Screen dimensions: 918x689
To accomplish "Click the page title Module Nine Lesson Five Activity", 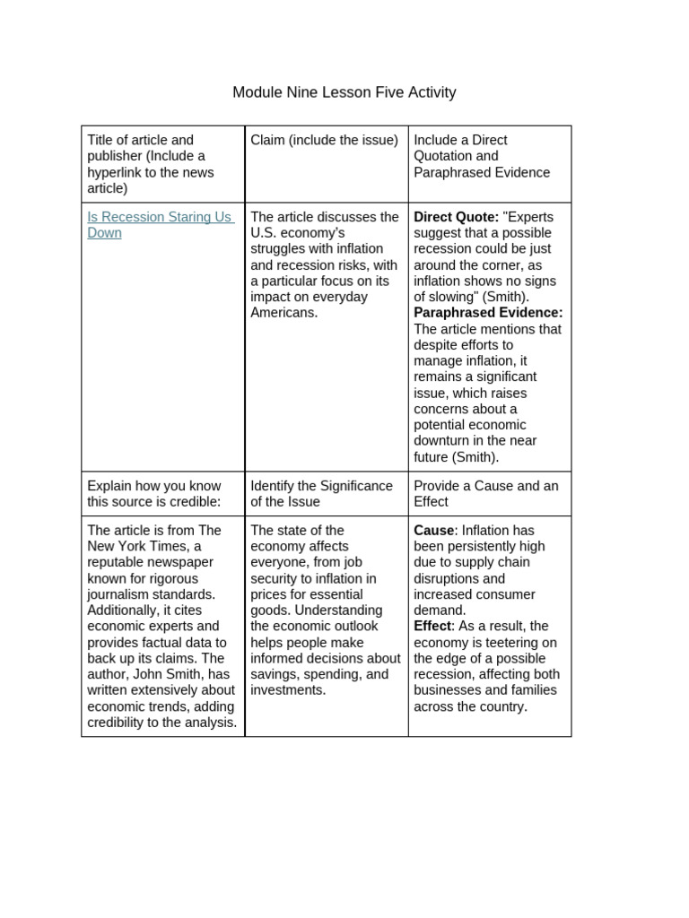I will [344, 92].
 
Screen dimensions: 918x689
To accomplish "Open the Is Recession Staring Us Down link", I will [160, 225].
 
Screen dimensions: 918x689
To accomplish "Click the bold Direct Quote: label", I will [456, 217].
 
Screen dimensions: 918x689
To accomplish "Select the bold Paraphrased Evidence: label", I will [488, 313].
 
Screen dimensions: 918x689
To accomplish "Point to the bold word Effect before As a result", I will [432, 627].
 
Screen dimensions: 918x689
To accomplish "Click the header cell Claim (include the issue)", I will [324, 141].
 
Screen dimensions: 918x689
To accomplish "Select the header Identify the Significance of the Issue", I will [321, 494].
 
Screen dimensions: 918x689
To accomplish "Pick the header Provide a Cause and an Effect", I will [485, 494].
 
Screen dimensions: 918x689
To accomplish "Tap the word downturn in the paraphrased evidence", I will [446, 441].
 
